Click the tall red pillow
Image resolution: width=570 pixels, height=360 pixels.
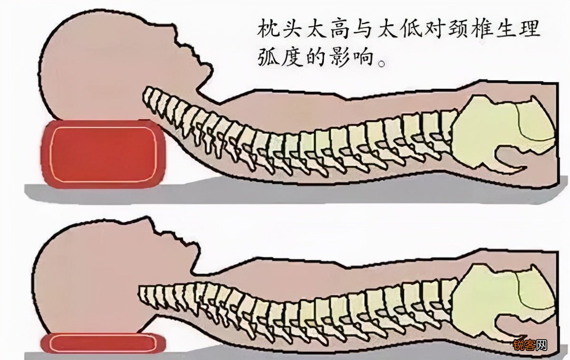pos(103,154)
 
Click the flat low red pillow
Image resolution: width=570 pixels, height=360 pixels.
pos(103,343)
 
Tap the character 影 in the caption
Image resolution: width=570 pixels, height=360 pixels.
pos(340,57)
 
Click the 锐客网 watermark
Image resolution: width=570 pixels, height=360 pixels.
pos(530,345)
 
